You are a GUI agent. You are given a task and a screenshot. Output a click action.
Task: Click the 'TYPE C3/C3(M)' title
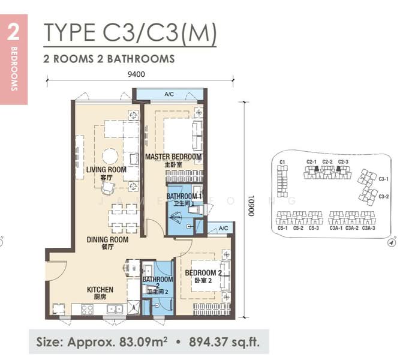pyautogui.click(x=130, y=33)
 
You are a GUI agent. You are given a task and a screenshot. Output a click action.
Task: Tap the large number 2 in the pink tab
pyautogui.click(x=13, y=34)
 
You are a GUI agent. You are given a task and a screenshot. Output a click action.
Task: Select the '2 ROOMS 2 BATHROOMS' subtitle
pyautogui.click(x=109, y=59)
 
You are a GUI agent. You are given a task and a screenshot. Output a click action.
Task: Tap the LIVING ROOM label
pyautogui.click(x=106, y=170)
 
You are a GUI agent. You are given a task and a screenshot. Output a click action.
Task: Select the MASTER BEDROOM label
pyautogui.click(x=173, y=157)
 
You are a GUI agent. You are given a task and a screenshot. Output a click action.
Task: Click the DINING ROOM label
pyautogui.click(x=108, y=239)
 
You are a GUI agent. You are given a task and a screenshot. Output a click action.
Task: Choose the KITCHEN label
pyautogui.click(x=100, y=290)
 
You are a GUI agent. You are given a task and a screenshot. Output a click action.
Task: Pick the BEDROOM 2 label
pyautogui.click(x=203, y=273)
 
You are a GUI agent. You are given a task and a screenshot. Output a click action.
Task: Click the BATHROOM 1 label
pyautogui.click(x=184, y=197)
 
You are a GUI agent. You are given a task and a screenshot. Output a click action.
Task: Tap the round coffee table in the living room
pyautogui.click(x=110, y=156)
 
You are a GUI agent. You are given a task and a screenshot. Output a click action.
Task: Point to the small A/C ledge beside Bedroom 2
pyautogui.click(x=223, y=229)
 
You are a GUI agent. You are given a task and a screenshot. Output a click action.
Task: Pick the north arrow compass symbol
pyautogui.click(x=392, y=243)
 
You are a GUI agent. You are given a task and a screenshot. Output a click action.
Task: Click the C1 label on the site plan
pyautogui.click(x=282, y=161)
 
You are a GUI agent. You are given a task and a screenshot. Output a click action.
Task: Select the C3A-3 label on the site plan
pyautogui.click(x=368, y=228)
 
